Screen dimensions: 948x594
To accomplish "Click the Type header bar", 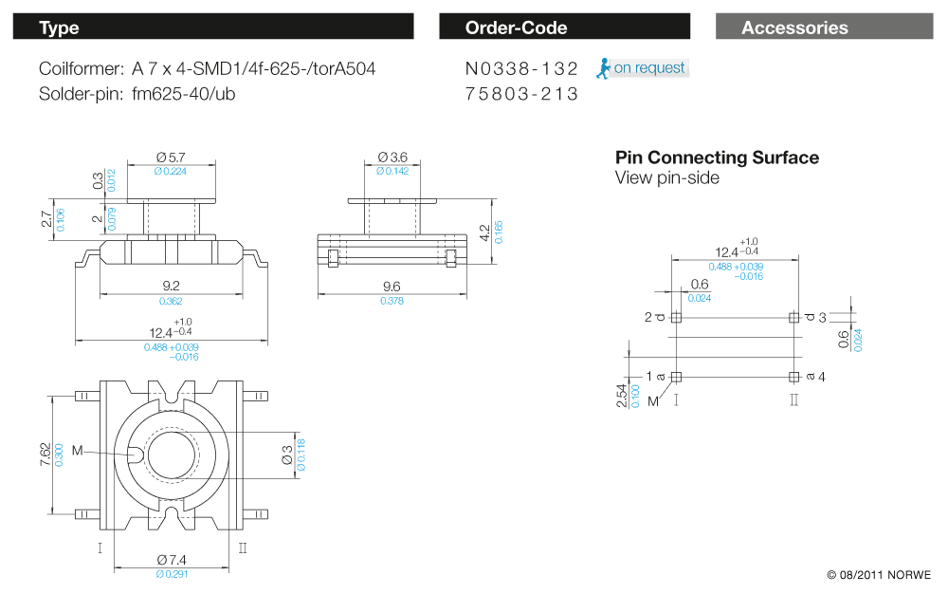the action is click(213, 27).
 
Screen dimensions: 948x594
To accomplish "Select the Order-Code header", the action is click(565, 27).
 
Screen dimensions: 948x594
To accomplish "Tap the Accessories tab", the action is click(825, 27).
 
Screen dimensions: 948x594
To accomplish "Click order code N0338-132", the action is click(521, 69).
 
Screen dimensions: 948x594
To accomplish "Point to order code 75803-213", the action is click(521, 94).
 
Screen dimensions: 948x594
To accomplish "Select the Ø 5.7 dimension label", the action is click(171, 158).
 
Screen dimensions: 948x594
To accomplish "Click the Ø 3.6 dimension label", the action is click(392, 158).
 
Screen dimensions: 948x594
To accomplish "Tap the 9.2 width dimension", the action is click(171, 286).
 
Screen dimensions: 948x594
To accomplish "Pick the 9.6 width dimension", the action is click(392, 286).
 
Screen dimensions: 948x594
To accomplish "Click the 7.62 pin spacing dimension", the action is click(46, 455).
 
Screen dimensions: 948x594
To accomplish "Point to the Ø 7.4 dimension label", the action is click(172, 560).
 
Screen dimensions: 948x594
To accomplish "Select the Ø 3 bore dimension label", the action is click(287, 455).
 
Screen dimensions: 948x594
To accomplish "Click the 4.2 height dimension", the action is click(484, 232).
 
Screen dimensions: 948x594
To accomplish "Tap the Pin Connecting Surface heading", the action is click(717, 158).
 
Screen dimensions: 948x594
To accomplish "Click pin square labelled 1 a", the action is click(676, 377).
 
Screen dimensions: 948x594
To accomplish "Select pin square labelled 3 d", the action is click(793, 318).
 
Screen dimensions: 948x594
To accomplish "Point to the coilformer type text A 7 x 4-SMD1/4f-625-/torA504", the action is click(254, 69).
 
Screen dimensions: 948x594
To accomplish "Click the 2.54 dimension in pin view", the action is click(622, 397).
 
